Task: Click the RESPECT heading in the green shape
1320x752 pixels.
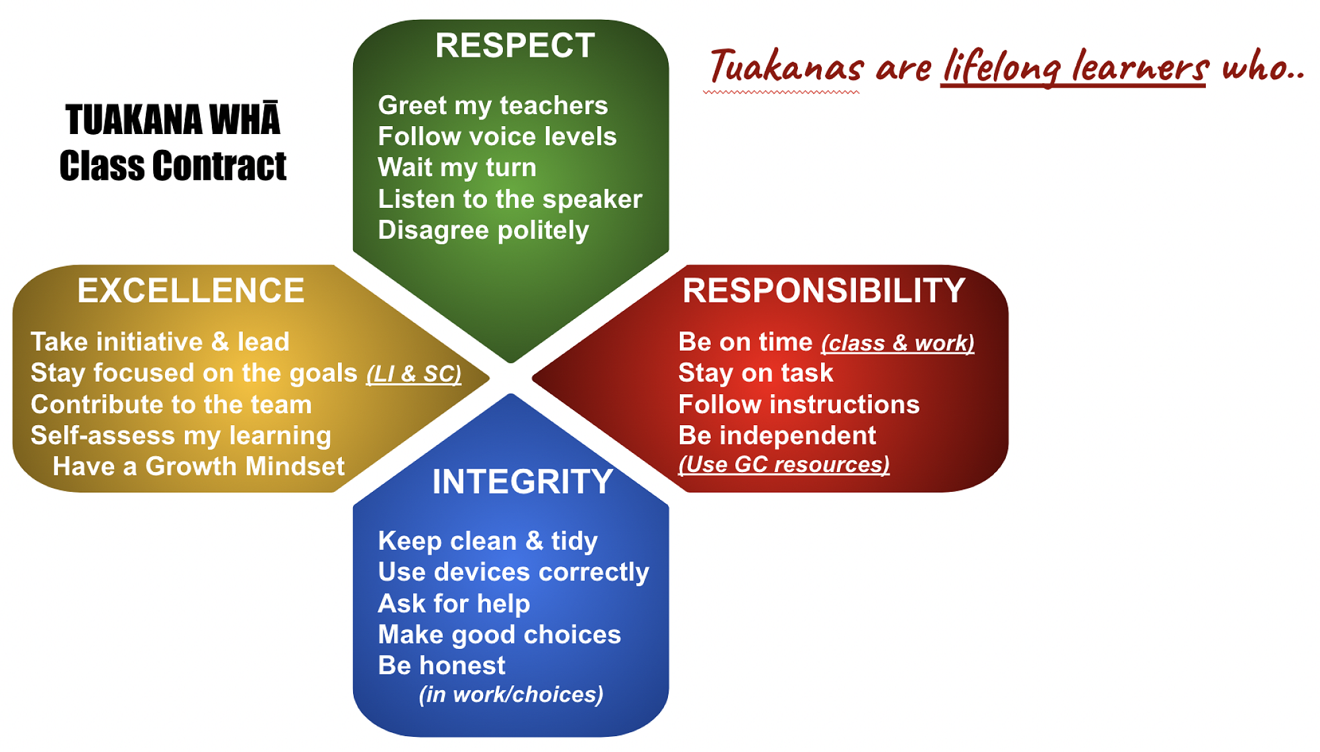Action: [x=515, y=46]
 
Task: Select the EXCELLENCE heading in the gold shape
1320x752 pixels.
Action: [x=191, y=291]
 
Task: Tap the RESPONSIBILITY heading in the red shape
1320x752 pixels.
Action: [x=824, y=291]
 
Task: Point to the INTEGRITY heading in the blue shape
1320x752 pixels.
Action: [x=523, y=481]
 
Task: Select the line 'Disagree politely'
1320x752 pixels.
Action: [x=483, y=231]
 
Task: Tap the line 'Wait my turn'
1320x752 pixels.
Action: [x=457, y=168]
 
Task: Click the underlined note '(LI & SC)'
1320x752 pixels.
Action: [x=414, y=374]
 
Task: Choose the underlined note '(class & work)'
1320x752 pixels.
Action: [x=898, y=343]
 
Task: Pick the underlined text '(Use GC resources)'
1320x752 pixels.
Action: [x=784, y=465]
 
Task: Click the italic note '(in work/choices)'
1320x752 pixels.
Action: [x=511, y=695]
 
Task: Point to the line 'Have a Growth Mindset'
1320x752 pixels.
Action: [x=199, y=467]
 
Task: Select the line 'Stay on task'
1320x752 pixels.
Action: [x=756, y=374]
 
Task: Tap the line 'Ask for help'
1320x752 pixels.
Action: [x=454, y=604]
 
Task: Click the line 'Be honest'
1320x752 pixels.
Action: [x=442, y=666]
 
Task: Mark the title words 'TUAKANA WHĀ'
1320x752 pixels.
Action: [x=173, y=120]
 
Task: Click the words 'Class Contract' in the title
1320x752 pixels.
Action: [x=173, y=165]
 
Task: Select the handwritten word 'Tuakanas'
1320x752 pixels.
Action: [x=786, y=67]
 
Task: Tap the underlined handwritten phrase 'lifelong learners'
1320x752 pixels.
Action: [x=1075, y=67]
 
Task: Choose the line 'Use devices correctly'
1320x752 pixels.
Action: [x=513, y=572]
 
